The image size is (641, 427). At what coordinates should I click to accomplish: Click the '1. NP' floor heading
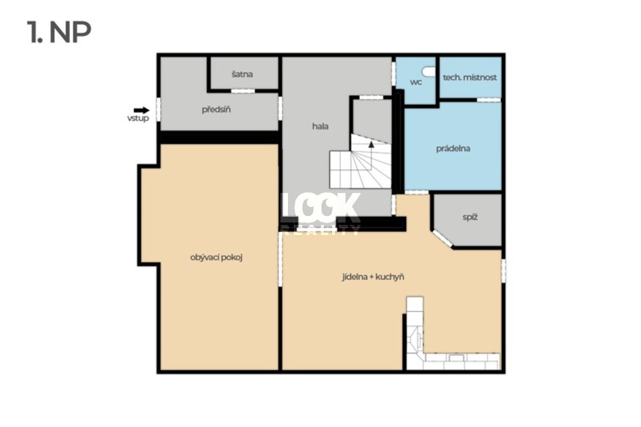(59, 32)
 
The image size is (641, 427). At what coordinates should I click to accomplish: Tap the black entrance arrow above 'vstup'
(141, 110)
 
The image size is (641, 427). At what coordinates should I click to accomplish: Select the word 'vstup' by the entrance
(138, 118)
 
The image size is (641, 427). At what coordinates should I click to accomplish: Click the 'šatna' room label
(242, 74)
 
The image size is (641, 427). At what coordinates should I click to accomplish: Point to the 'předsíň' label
(216, 109)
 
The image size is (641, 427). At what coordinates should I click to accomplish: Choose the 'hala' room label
(320, 126)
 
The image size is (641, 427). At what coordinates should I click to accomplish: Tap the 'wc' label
(416, 82)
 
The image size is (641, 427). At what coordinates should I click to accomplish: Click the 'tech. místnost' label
(470, 77)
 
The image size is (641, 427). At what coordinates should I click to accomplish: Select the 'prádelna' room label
(453, 148)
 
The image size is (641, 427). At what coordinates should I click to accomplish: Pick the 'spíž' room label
(470, 217)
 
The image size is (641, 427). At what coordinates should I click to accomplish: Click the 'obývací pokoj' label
(216, 258)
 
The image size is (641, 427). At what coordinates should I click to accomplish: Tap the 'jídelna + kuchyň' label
(373, 277)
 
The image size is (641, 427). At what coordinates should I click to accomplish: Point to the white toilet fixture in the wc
(429, 71)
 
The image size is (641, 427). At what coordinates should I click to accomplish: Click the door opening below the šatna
(243, 91)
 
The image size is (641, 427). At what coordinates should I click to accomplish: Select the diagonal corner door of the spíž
(442, 238)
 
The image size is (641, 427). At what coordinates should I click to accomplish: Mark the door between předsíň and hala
(280, 109)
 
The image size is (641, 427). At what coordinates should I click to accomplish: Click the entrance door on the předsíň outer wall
(158, 109)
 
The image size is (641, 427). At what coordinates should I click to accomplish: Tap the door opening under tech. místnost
(489, 99)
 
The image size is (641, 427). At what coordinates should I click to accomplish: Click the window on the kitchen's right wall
(504, 270)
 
